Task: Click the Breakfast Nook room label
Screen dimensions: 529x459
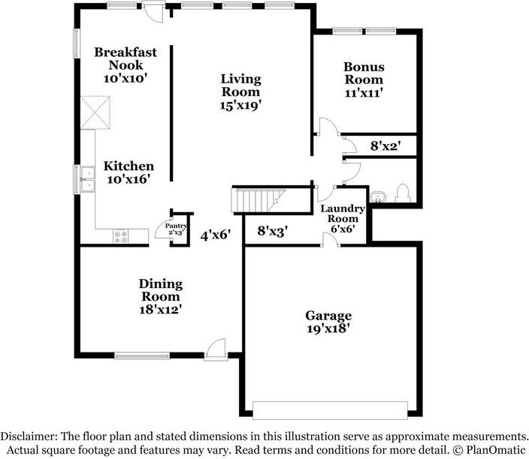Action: point(125,58)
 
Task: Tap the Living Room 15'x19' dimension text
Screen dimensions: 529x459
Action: point(241,105)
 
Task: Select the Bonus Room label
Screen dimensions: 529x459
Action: point(364,73)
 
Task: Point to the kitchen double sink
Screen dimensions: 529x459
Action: point(87,178)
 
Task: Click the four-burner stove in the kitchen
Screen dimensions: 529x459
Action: point(121,235)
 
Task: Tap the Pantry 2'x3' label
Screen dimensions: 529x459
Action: point(176,229)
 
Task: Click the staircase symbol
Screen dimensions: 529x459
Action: point(258,200)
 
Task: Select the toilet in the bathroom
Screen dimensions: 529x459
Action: point(403,193)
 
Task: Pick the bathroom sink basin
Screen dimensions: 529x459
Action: point(378,196)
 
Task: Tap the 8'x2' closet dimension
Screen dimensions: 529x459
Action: point(385,146)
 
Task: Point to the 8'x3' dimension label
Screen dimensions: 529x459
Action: point(272,231)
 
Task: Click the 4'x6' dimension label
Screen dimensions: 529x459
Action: point(215,235)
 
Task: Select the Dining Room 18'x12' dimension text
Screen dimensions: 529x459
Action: point(161,309)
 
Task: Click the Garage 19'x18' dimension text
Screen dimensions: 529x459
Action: point(328,328)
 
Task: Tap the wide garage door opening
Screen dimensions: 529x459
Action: point(331,409)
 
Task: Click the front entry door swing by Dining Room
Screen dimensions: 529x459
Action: point(215,349)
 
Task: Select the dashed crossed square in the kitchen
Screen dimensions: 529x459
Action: point(95,112)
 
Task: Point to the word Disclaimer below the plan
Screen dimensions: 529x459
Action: point(29,436)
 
